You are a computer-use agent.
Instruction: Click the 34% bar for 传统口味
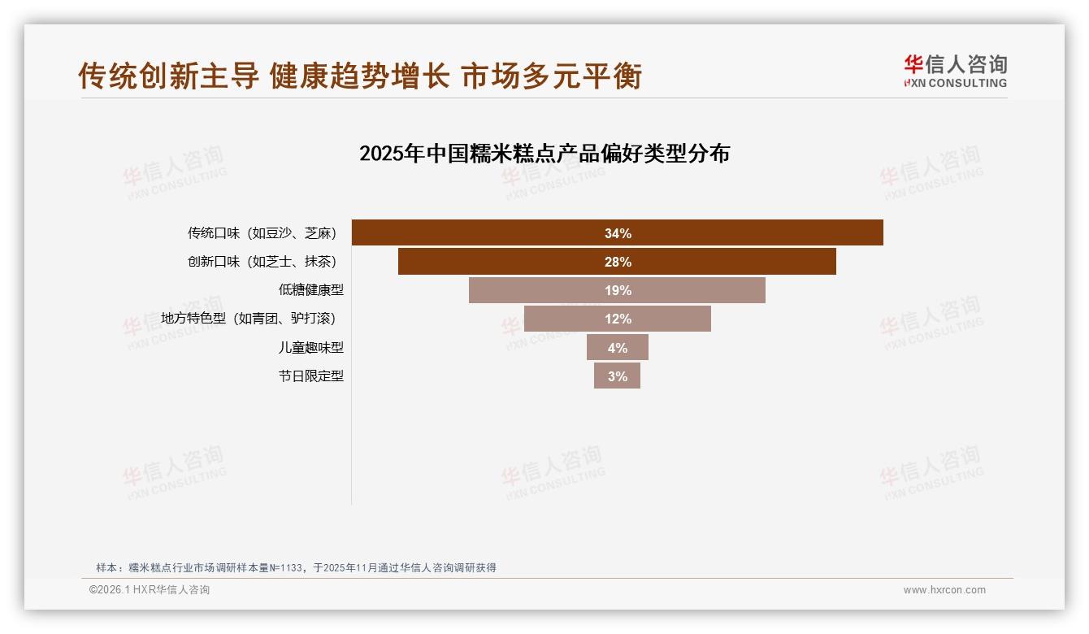tap(618, 232)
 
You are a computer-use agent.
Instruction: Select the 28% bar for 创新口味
tap(618, 262)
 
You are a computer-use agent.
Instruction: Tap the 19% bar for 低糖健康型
tap(618, 290)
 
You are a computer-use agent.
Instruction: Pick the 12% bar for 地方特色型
tap(618, 319)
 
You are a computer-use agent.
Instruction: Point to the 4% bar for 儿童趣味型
tap(618, 347)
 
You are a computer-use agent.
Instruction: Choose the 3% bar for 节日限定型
tap(618, 376)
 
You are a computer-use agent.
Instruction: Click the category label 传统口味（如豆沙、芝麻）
tap(262, 233)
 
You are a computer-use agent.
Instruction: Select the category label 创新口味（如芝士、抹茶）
tap(262, 262)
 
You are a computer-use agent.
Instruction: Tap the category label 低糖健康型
tap(311, 290)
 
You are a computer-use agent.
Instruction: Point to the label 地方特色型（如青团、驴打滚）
tap(248, 319)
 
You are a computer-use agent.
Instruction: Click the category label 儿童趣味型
tap(311, 347)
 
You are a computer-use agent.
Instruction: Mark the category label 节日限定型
tap(311, 376)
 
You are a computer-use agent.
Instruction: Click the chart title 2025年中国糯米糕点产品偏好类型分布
tap(544, 154)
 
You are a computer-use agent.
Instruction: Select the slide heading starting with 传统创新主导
tap(360, 76)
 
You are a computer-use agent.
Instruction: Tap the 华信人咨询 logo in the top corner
tap(955, 71)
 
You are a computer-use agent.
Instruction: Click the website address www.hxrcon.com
tap(944, 590)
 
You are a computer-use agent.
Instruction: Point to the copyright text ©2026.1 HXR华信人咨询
tap(150, 590)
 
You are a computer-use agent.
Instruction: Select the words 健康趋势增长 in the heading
tap(359, 76)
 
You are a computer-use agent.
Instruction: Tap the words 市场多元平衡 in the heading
tap(552, 76)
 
